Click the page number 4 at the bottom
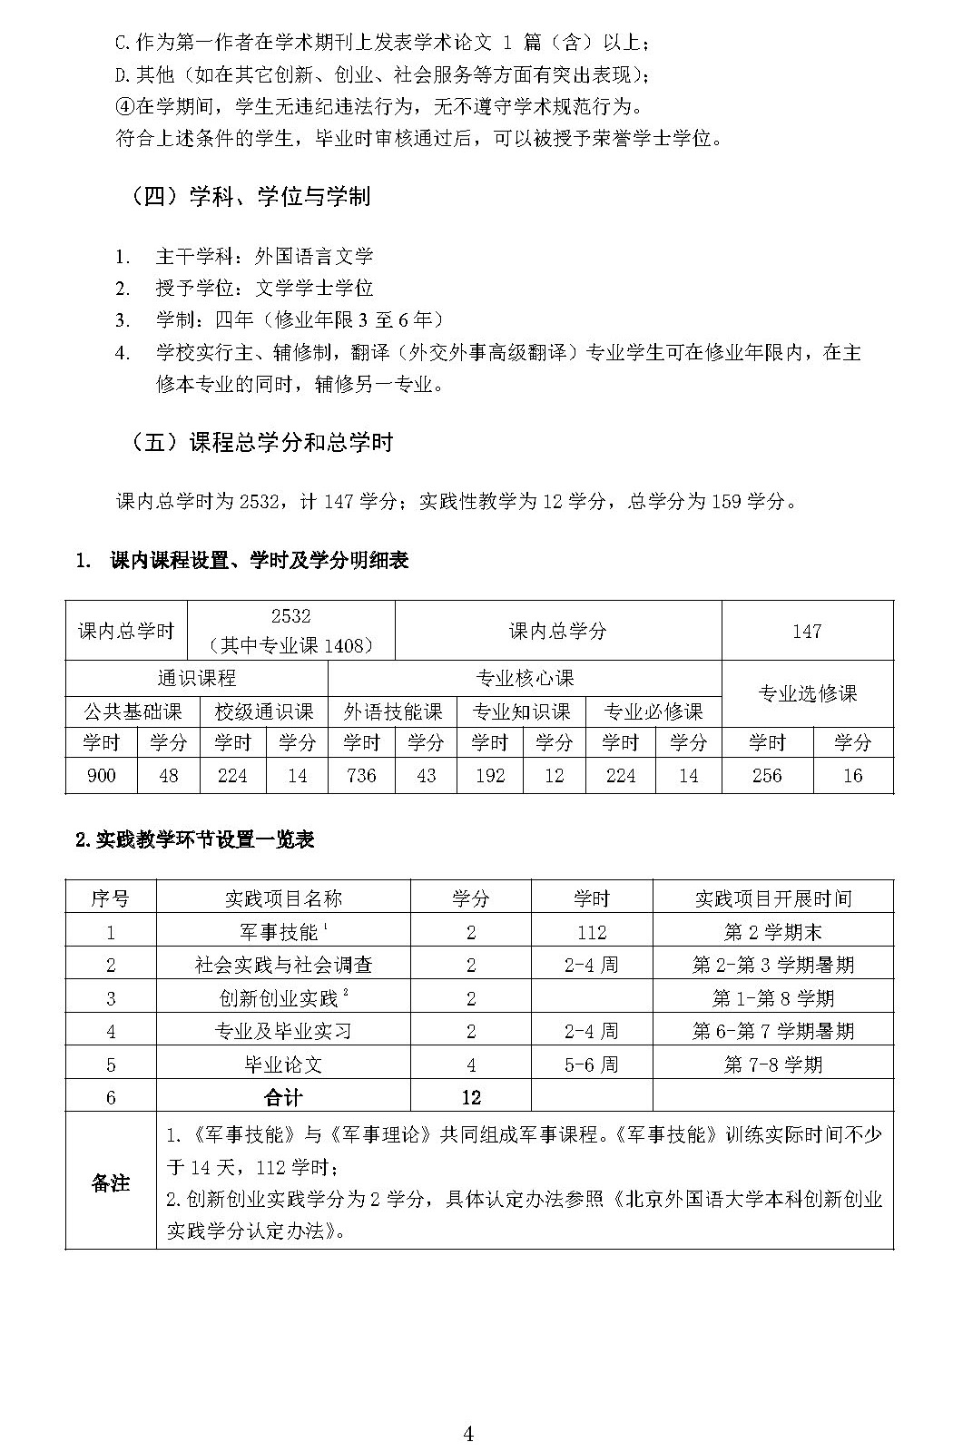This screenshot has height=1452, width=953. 468,1408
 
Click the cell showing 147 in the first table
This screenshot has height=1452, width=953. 807,631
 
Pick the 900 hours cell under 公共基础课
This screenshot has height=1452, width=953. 102,776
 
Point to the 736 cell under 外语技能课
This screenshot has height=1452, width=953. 361,776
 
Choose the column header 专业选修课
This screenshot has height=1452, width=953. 807,693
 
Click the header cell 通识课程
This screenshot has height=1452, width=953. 196,677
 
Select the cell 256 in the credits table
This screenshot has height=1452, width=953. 766,776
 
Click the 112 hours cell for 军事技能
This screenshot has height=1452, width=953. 591,932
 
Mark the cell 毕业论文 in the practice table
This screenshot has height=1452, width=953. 283,1064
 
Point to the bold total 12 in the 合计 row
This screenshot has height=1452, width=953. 470,1097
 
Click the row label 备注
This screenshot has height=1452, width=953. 111,1182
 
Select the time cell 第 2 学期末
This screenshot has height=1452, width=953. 772,932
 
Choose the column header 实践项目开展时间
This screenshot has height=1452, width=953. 772,898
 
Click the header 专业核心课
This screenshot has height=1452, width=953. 525,677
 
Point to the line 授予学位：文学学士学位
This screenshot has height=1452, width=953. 264,288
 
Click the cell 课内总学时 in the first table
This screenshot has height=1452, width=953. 126,631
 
